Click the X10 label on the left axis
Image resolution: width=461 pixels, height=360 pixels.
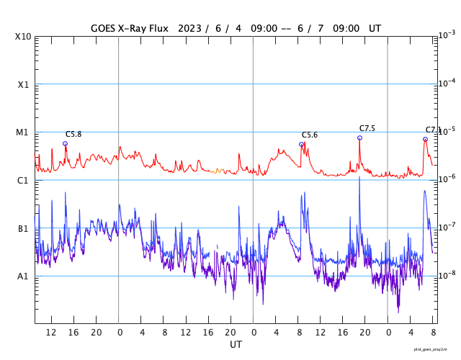click(24, 37)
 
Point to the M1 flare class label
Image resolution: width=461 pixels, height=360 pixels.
click(24, 132)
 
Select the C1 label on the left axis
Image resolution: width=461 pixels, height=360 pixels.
click(24, 180)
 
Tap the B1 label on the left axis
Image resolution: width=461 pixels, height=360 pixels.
click(24, 228)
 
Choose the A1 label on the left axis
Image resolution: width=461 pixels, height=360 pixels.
click(24, 276)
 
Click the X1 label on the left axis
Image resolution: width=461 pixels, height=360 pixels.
click(24, 84)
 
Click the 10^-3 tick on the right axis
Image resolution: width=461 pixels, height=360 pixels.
click(447, 35)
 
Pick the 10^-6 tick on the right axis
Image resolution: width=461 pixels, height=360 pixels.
click(447, 178)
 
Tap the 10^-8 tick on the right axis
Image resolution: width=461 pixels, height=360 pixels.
click(447, 274)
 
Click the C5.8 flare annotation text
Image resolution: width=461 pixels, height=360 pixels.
click(73, 134)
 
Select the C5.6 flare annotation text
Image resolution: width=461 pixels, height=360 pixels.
click(310, 135)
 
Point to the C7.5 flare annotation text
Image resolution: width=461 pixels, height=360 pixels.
click(367, 128)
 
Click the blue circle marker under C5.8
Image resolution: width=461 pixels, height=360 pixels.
click(65, 143)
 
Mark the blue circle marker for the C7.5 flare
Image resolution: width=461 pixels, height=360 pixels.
click(359, 138)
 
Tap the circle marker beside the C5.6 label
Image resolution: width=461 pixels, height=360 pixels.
click(301, 144)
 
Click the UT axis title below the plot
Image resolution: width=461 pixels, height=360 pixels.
click(236, 344)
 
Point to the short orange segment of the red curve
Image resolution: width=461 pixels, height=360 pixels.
click(220, 171)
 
